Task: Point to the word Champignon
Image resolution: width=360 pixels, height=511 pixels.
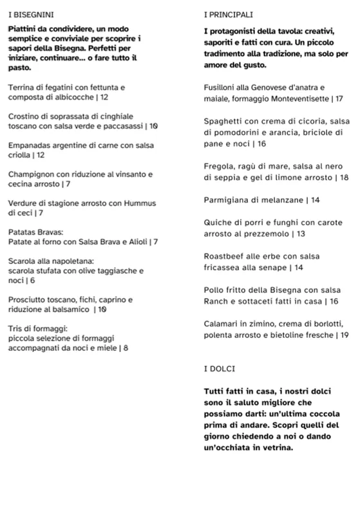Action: click(x=33, y=174)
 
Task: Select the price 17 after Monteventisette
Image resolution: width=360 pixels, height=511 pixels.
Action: click(x=339, y=99)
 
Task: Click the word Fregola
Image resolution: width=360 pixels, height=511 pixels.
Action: click(x=219, y=165)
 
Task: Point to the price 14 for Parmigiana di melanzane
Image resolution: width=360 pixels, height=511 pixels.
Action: click(x=315, y=200)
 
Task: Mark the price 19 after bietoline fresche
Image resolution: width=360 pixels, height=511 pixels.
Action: click(x=343, y=335)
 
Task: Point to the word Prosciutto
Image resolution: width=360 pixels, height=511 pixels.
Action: click(x=30, y=299)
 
